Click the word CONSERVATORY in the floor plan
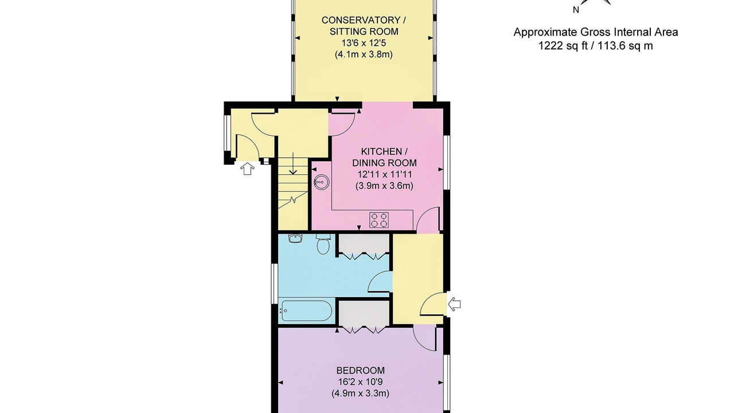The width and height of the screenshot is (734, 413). (361, 20)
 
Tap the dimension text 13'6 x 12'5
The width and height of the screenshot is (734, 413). (364, 43)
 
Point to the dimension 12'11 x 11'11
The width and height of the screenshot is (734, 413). (384, 174)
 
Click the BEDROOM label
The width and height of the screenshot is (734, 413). (361, 371)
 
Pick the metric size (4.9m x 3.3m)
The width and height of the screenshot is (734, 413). (361, 393)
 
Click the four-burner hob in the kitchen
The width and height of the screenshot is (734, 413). (379, 220)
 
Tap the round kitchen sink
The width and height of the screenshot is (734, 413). (321, 181)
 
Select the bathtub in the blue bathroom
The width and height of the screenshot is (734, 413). (305, 310)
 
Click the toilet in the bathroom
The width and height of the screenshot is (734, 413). (323, 244)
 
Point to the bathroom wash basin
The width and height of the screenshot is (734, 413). (295, 238)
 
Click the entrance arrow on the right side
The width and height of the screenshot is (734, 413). (454, 304)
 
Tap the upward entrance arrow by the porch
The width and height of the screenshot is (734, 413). (247, 169)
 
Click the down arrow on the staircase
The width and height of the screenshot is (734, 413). (293, 163)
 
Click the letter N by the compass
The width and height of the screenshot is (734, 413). (576, 10)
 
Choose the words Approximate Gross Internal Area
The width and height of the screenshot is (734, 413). (596, 32)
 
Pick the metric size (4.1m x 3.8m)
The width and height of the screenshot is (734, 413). (364, 54)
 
